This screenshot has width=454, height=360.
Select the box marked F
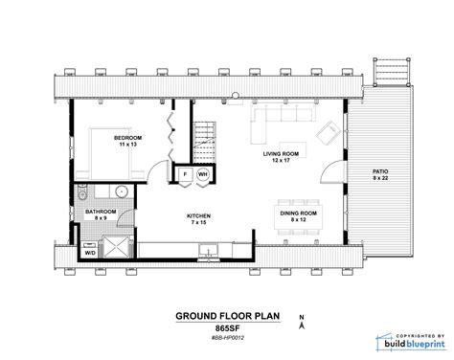(185, 176)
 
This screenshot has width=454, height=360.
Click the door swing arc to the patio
(329, 173)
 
